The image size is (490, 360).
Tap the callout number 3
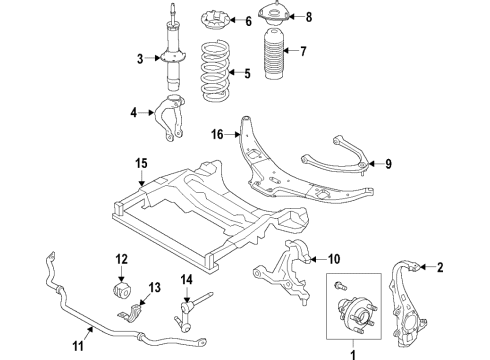[142, 61]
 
